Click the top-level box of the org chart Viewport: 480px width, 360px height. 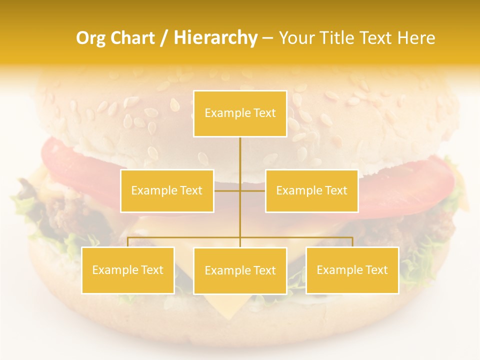click(240, 113)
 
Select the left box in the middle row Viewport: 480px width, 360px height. click(167, 190)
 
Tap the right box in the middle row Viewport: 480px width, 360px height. click(311, 190)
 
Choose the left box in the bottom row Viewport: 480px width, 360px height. click(128, 270)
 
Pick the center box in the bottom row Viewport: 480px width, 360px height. click(240, 270)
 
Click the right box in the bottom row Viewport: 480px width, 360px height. click(352, 270)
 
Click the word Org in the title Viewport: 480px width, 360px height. click(90, 38)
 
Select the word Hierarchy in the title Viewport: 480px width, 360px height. click(215, 38)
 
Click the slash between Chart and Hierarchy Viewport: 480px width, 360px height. click(164, 38)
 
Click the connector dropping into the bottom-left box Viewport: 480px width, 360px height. click(128, 242)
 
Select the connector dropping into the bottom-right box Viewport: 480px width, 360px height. click(352, 242)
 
